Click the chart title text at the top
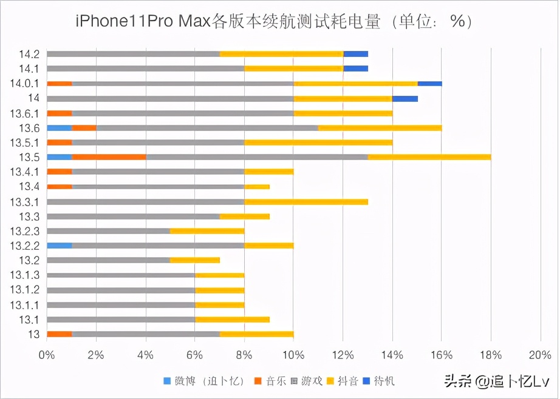(273, 21)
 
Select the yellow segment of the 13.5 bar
(429, 157)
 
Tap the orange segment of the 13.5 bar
(109, 157)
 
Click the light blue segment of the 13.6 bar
(59, 127)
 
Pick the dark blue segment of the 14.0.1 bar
(429, 83)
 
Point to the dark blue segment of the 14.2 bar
(355, 54)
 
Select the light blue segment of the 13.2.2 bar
(59, 246)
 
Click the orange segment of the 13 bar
(59, 334)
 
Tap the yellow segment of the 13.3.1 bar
(306, 201)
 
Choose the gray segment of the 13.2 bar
(108, 260)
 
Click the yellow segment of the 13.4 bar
(257, 186)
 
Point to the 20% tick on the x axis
(540, 355)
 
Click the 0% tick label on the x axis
(47, 355)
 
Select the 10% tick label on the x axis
(293, 355)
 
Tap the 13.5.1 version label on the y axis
(26, 142)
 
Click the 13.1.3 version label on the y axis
(26, 275)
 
